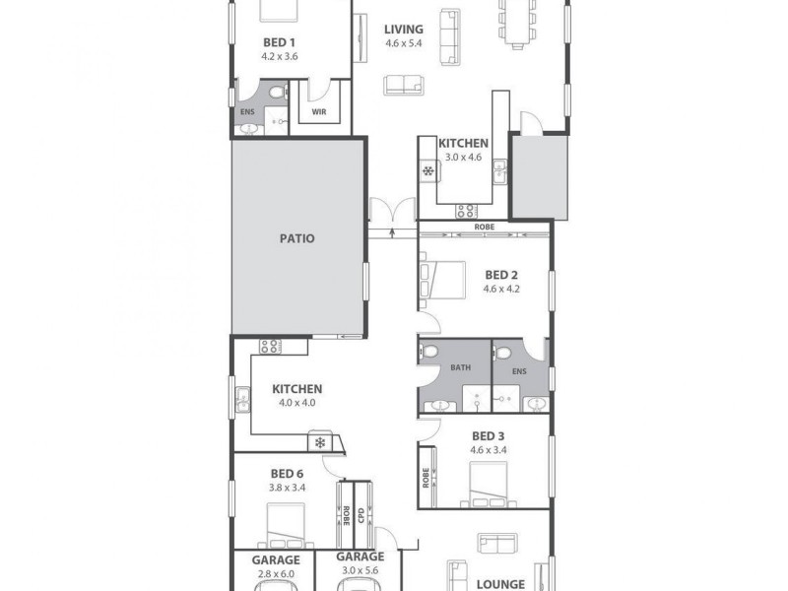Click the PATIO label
click(x=296, y=238)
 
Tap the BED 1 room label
click(x=279, y=42)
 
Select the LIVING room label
click(x=403, y=30)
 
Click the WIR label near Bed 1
click(x=319, y=112)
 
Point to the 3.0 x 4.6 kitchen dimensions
click(x=463, y=158)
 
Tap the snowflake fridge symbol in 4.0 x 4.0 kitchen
click(x=320, y=442)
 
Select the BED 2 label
click(x=500, y=275)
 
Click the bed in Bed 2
click(x=443, y=277)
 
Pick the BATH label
click(x=461, y=368)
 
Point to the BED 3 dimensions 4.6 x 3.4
click(x=489, y=450)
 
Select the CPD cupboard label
click(x=361, y=514)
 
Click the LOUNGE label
click(x=500, y=584)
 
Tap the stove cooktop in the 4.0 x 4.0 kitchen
click(x=270, y=346)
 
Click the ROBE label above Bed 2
click(x=484, y=227)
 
